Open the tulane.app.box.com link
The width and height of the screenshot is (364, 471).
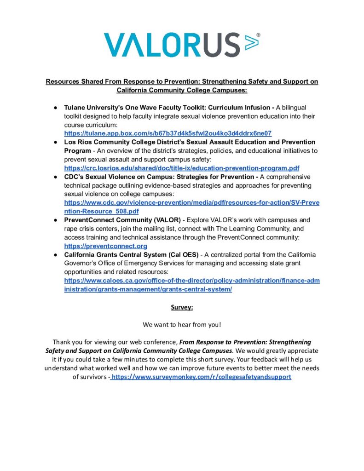(x=168, y=133)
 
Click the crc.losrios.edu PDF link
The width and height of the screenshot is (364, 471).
(x=181, y=168)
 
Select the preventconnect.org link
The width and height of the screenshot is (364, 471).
(x=105, y=246)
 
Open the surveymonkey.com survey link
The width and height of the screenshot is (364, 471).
(x=201, y=377)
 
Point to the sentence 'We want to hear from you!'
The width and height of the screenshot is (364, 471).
(x=182, y=325)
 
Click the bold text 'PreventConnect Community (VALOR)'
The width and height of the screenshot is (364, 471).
(x=122, y=220)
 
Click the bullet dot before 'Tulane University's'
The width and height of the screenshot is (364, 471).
(x=54, y=107)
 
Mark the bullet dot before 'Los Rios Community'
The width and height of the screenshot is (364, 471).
(x=54, y=142)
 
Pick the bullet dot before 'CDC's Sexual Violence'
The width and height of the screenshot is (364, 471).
(x=54, y=177)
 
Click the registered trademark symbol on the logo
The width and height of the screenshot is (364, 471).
(x=258, y=34)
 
